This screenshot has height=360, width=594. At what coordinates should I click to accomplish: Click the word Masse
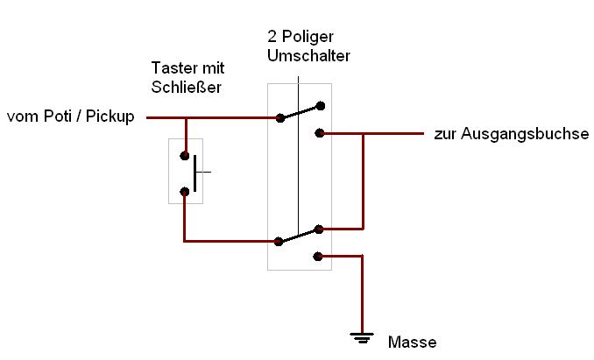(412, 342)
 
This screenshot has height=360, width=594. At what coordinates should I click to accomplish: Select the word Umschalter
(308, 56)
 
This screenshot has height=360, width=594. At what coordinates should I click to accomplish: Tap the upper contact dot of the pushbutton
(185, 156)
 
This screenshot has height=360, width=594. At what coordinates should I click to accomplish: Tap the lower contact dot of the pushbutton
(185, 191)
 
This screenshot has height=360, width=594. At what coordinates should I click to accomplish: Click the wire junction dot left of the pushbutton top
(185, 117)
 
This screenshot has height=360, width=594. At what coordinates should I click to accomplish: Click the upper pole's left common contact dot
(279, 117)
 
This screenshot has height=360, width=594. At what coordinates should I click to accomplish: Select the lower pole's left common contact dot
(279, 241)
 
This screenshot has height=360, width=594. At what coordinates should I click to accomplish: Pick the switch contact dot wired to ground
(319, 257)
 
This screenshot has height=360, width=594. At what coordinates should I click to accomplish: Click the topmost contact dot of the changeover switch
(321, 106)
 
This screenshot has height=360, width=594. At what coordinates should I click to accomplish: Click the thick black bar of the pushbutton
(196, 173)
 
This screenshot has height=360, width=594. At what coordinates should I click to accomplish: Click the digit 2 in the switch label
(272, 38)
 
